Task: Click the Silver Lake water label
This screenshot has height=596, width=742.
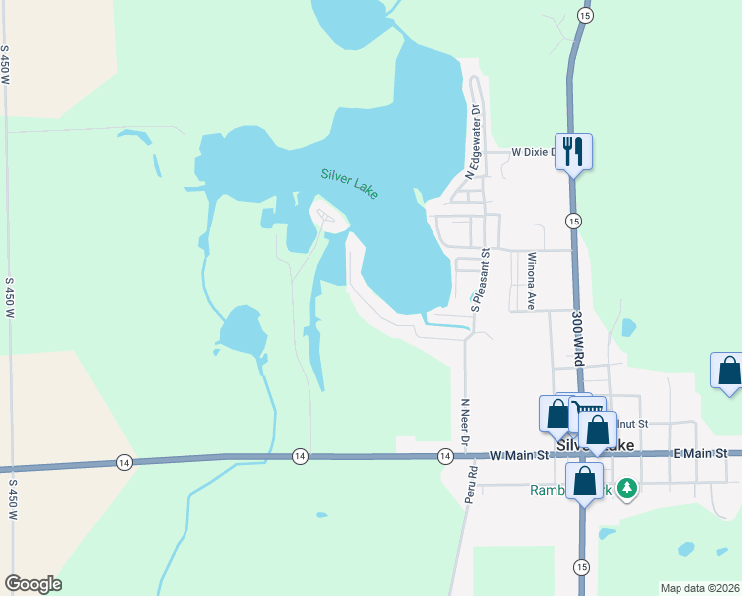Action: pyautogui.click(x=349, y=184)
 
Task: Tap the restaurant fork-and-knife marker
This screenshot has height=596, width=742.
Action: pyautogui.click(x=573, y=151)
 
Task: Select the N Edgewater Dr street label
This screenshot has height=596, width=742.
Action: pyautogui.click(x=473, y=141)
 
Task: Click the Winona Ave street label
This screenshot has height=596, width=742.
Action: pyautogui.click(x=532, y=281)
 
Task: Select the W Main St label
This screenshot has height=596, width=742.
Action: pyautogui.click(x=520, y=455)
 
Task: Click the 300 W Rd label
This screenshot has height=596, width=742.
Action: pyautogui.click(x=577, y=337)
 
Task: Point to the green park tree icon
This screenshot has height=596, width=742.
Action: pyautogui.click(x=626, y=488)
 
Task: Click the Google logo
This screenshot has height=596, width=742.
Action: pyautogui.click(x=33, y=584)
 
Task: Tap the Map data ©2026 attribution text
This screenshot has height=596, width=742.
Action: pyautogui.click(x=698, y=588)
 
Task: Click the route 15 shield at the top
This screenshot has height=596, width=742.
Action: pyautogui.click(x=585, y=16)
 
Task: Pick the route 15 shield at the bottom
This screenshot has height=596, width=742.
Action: pyautogui.click(x=580, y=566)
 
